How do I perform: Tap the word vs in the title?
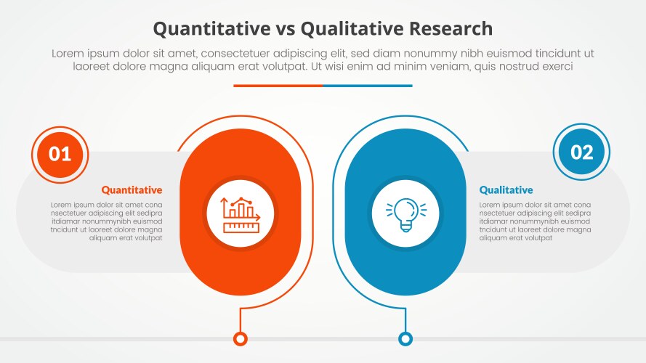click(280, 28)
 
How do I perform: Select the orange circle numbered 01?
click(60, 153)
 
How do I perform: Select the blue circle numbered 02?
click(581, 152)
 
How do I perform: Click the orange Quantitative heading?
click(132, 190)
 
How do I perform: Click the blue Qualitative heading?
click(506, 190)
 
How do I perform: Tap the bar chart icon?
click(240, 212)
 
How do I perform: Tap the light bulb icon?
click(405, 213)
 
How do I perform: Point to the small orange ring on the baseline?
click(240, 338)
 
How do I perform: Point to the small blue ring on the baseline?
click(405, 338)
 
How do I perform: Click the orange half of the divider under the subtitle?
click(278, 86)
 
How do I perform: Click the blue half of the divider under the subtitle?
click(368, 86)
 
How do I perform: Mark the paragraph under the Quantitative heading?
click(106, 221)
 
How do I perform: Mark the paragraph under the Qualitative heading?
click(535, 221)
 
